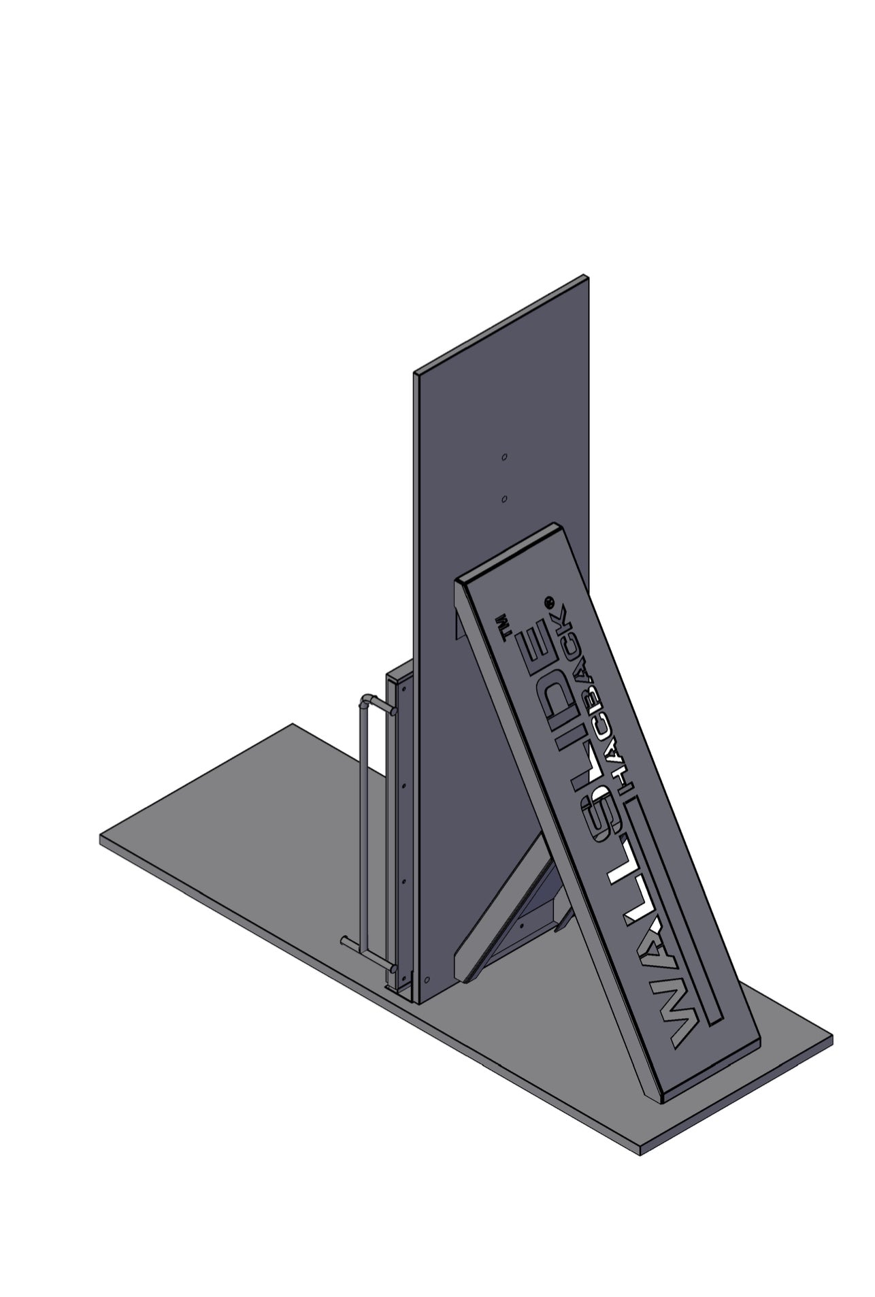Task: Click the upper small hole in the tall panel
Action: pyautogui.click(x=504, y=457)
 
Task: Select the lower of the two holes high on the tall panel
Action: pyautogui.click(x=503, y=499)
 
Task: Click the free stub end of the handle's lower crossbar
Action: pyautogui.click(x=344, y=941)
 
